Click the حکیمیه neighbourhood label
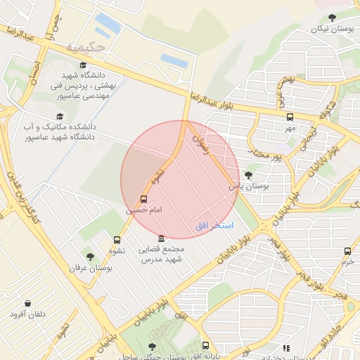click(x=85, y=48)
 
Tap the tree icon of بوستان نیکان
click(x=332, y=18)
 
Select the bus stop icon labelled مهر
click(x=290, y=117)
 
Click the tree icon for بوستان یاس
click(x=248, y=175)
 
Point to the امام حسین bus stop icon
click(x=144, y=200)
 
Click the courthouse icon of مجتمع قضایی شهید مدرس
click(x=162, y=239)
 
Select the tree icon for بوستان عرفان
click(x=90, y=257)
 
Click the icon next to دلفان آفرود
click(x=26, y=303)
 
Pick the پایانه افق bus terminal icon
click(x=205, y=345)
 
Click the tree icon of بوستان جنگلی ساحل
click(x=153, y=347)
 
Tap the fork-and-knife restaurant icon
click(x=285, y=347)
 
